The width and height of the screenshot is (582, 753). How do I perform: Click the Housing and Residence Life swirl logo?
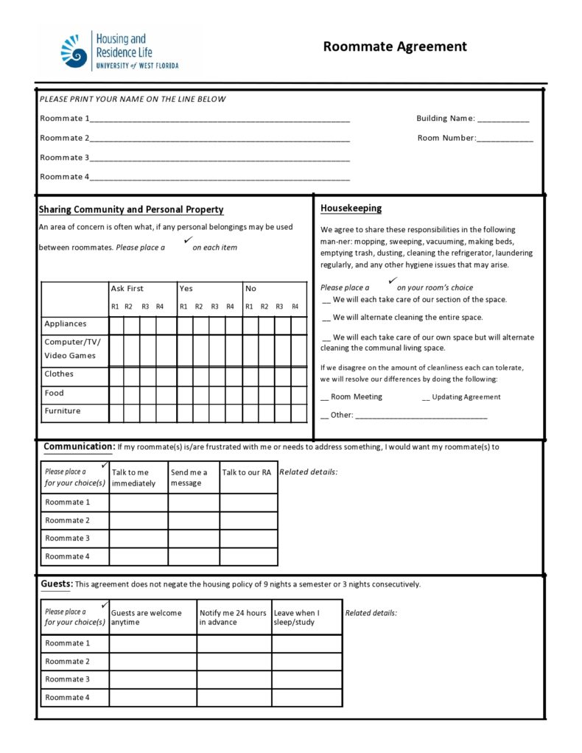74,52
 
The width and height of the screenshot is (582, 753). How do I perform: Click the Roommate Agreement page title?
395,46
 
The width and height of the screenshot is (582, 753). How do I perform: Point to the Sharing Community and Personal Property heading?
131,210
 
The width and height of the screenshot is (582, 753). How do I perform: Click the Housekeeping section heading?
351,209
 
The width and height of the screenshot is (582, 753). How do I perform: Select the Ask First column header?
127,289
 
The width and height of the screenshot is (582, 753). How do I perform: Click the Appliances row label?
66,324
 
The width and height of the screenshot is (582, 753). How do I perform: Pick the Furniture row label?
63,411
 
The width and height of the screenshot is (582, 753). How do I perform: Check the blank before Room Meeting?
325,398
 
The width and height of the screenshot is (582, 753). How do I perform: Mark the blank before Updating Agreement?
426,398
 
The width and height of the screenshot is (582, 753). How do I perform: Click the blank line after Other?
421,416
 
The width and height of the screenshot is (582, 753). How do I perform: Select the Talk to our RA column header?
247,473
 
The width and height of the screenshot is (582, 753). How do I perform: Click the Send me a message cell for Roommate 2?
194,521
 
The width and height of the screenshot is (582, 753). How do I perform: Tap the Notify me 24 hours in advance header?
233,617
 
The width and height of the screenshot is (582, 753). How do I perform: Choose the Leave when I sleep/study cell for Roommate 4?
306,698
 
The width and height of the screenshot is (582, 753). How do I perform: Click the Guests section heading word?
56,584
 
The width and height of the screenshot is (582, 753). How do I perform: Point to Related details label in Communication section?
309,472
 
